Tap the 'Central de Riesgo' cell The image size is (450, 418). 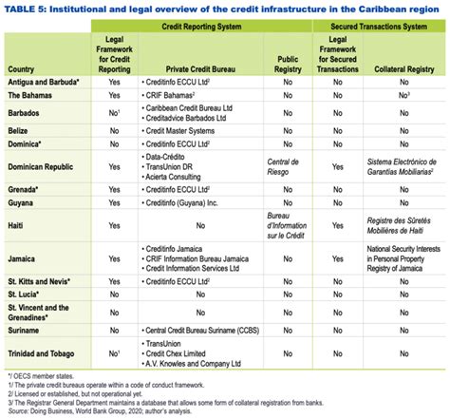click(x=286, y=166)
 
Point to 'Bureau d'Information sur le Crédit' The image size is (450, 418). click(x=286, y=226)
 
